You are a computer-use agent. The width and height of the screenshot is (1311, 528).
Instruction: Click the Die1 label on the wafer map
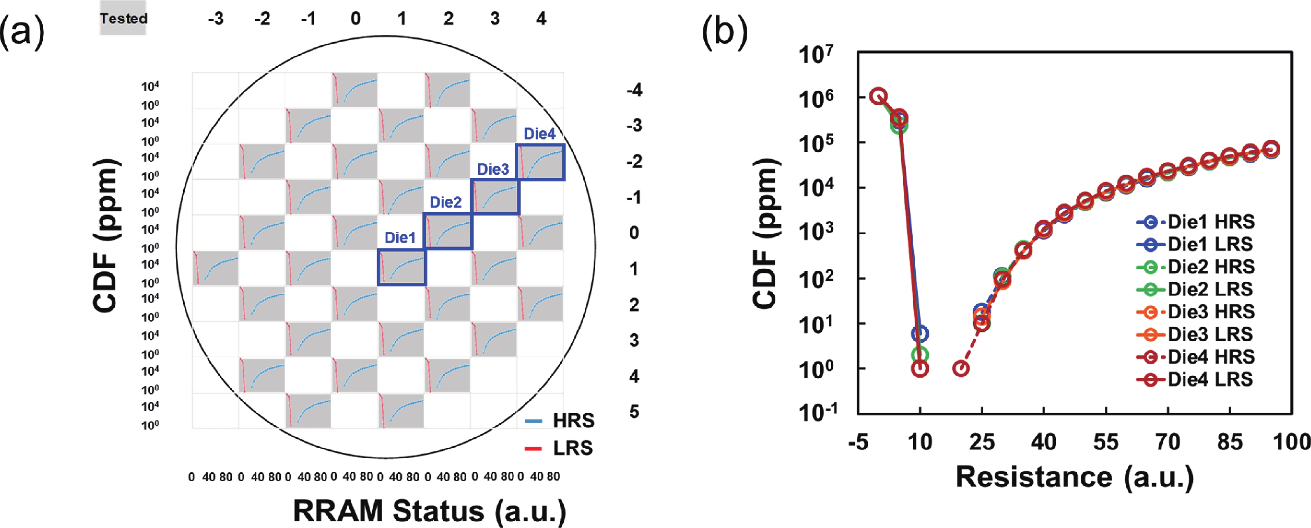(400, 238)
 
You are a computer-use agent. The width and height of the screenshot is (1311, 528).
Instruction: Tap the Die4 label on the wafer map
(539, 134)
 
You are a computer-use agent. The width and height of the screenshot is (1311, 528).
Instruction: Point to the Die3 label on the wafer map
(493, 169)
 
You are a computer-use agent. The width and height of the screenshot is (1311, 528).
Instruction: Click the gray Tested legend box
(123, 19)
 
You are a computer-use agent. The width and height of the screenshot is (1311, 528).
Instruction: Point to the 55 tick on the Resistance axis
(1105, 441)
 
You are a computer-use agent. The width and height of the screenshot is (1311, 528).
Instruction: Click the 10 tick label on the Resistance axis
(920, 441)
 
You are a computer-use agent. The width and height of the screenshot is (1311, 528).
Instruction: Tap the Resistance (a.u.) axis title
(1074, 477)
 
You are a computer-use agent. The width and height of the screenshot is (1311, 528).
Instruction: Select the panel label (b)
(725, 32)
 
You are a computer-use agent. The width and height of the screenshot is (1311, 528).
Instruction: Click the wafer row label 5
(633, 411)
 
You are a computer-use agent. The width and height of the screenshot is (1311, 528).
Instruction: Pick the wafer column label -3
(215, 19)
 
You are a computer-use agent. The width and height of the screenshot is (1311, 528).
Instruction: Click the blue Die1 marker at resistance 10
(920, 334)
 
